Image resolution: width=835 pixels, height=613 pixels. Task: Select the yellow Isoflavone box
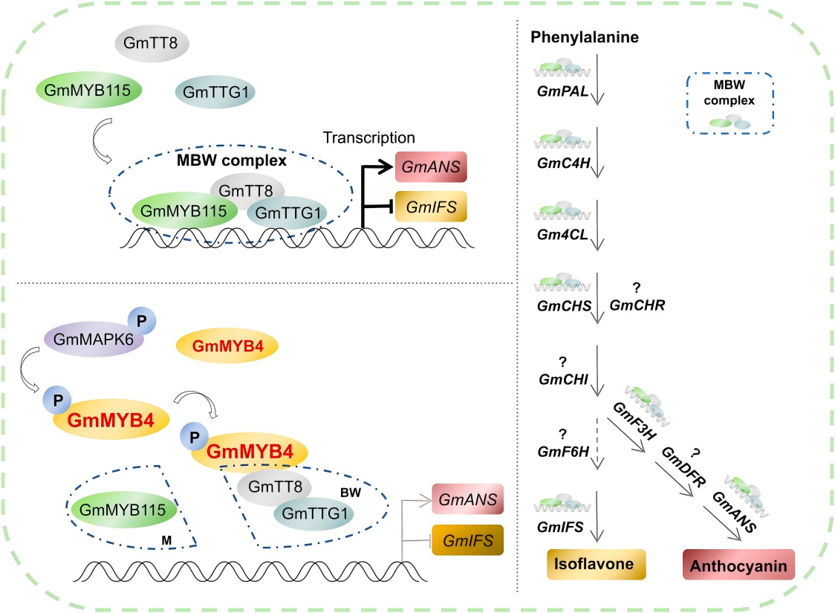597,564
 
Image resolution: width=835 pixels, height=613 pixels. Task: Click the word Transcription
368,137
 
